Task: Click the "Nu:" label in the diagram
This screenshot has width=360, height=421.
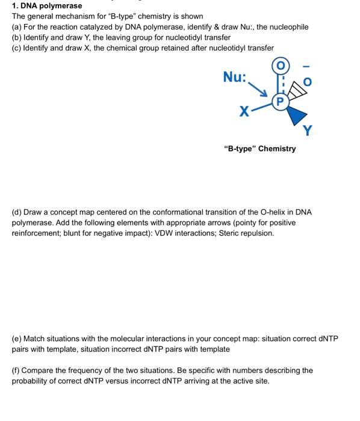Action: point(235,77)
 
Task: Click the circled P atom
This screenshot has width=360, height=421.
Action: point(281,102)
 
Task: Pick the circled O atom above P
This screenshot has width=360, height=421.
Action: point(280,65)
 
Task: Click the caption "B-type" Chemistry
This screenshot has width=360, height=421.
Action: point(259,149)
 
